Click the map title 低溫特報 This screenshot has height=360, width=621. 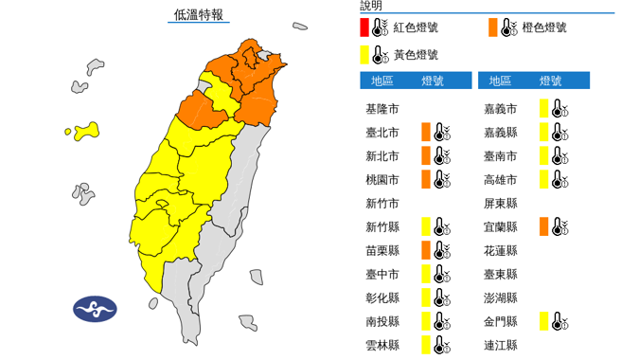point(198,14)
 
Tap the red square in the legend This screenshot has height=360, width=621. point(364,27)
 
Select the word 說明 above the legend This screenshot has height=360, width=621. point(371,6)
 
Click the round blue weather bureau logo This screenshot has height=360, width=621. point(95,310)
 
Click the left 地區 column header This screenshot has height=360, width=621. point(383,81)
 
